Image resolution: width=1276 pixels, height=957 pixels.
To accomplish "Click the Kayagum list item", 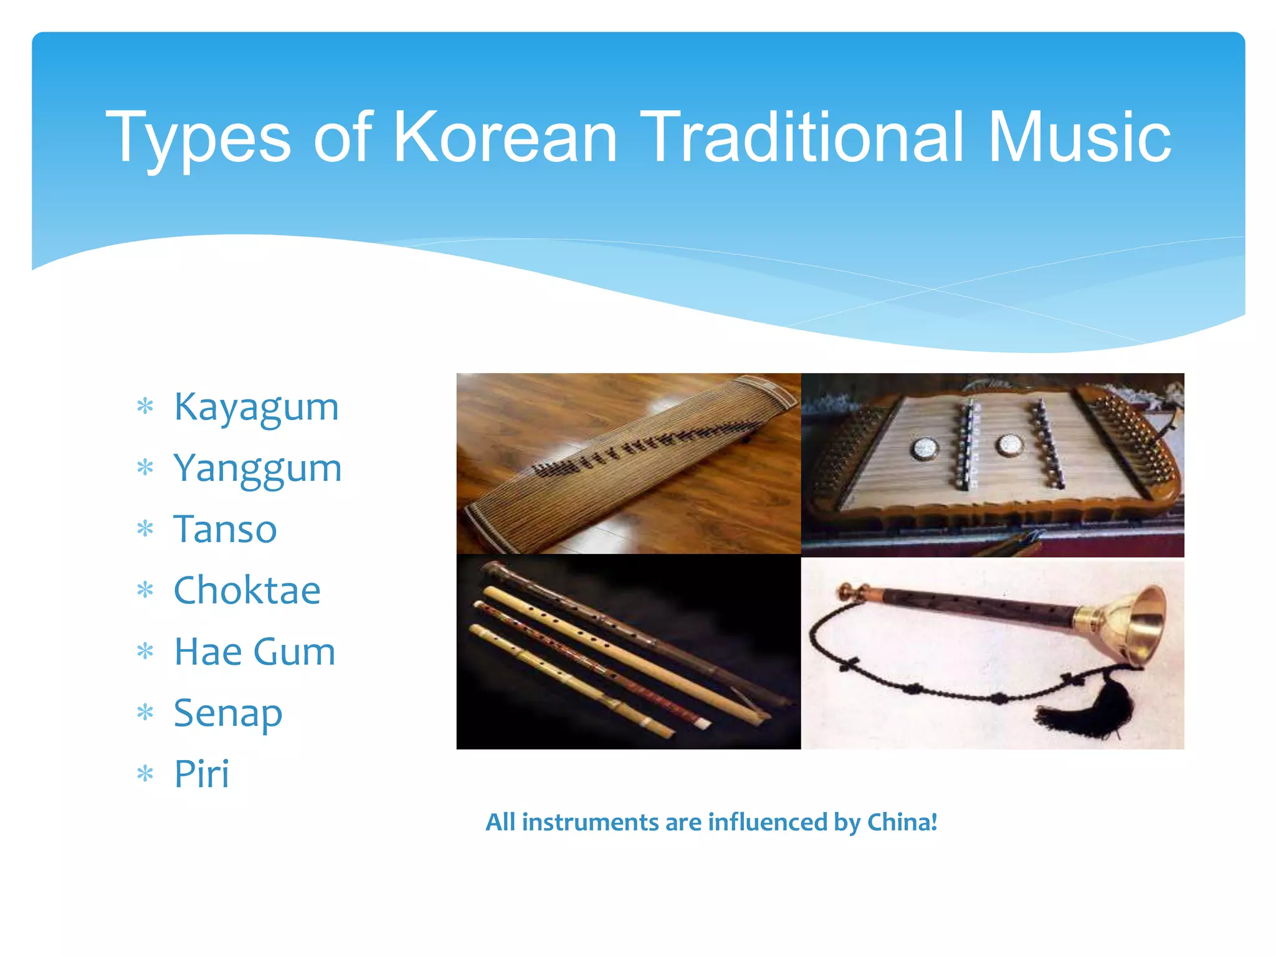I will pyautogui.click(x=256, y=407).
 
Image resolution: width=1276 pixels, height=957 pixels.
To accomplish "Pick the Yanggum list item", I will pyautogui.click(x=257, y=469).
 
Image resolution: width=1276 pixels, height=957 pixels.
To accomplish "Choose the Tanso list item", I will pyautogui.click(x=225, y=530).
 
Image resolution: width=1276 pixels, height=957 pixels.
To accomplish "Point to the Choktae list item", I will pyautogui.click(x=247, y=591).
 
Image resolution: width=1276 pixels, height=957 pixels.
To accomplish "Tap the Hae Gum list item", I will pyautogui.click(x=254, y=652).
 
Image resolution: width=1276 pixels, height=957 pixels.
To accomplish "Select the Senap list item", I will pyautogui.click(x=227, y=713).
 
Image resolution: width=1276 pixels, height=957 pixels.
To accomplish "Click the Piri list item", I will pyautogui.click(x=201, y=774).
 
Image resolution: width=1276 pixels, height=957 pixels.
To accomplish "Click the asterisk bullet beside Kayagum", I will pyautogui.click(x=145, y=407).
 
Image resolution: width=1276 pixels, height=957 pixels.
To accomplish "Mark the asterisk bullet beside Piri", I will pyautogui.click(x=145, y=774).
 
